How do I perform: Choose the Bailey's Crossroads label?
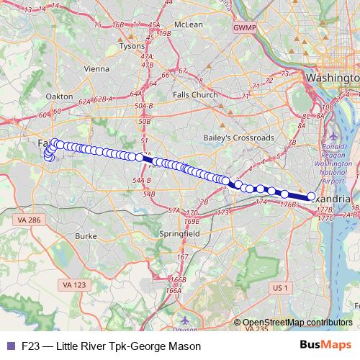228,138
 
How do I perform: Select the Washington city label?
332,77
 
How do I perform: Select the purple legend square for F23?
9,345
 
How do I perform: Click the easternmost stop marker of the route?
311,196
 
